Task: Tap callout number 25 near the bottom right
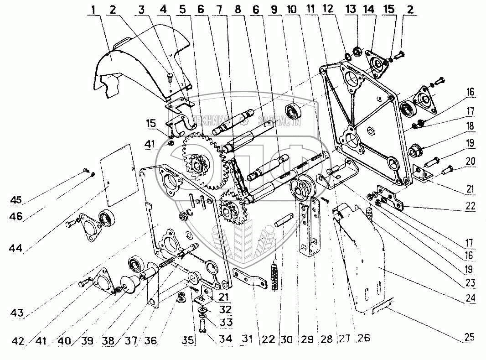(469, 338)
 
